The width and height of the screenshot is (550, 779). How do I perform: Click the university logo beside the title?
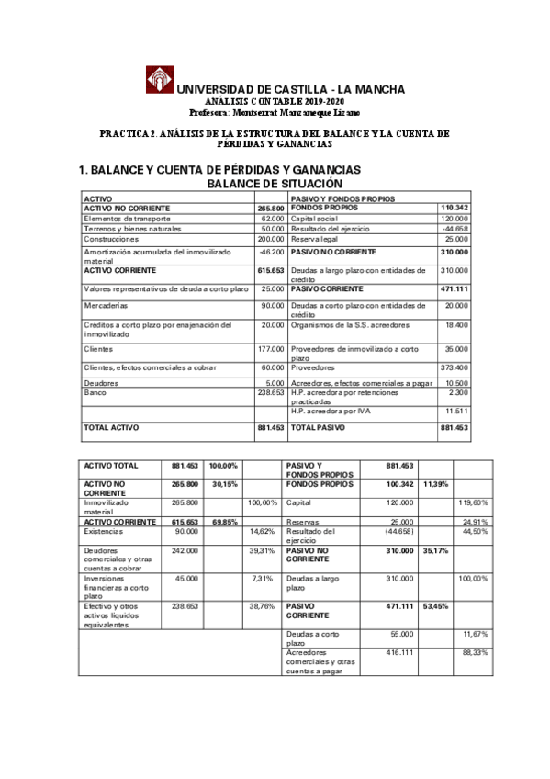coord(158,79)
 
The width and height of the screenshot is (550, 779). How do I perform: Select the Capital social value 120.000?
coord(454,219)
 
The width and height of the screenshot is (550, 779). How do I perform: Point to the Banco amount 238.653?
coord(271,392)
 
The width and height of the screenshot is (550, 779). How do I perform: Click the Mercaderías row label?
coord(106,305)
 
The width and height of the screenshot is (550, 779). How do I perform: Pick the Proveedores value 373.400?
coord(454,367)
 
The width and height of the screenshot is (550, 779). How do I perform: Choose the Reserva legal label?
coord(317,239)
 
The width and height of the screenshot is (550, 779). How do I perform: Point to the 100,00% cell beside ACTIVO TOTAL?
coord(223,466)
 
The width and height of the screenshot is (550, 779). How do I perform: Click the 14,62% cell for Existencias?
coord(262,531)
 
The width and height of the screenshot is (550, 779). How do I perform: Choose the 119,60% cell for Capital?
coord(474,502)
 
